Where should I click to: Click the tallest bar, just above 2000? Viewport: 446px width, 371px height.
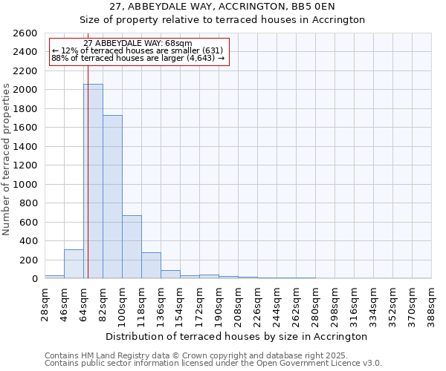pyautogui.click(x=93, y=181)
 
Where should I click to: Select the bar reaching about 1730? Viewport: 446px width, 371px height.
pyautogui.click(x=112, y=197)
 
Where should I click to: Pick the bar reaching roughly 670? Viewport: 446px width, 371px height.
pyautogui.click(x=132, y=247)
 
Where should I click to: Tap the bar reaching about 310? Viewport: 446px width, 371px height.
pyautogui.click(x=74, y=264)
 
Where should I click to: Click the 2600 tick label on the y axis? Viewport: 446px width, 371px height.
pyautogui.click(x=25, y=33)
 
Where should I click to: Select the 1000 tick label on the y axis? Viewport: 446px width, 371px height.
pyautogui.click(x=25, y=184)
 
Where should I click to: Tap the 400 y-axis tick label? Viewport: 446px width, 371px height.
pyautogui.click(x=28, y=240)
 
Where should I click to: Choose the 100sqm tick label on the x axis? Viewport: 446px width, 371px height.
pyautogui.click(x=122, y=304)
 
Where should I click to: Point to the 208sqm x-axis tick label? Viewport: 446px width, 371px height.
pyautogui.click(x=238, y=304)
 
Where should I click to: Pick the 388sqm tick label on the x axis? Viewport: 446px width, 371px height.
pyautogui.click(x=431, y=304)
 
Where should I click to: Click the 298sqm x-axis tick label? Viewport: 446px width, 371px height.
pyautogui.click(x=334, y=304)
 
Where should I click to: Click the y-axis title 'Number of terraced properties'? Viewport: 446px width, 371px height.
pyautogui.click(x=7, y=160)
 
